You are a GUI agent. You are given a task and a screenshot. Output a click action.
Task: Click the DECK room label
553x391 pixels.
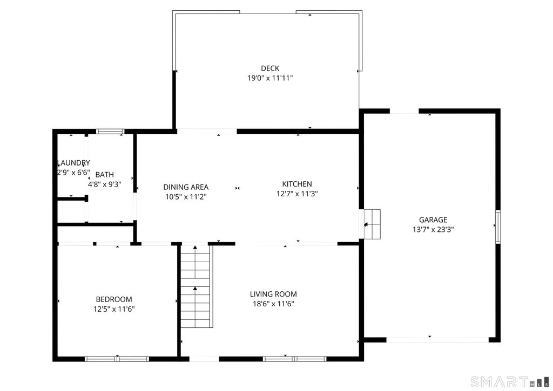pyautogui.click(x=270, y=68)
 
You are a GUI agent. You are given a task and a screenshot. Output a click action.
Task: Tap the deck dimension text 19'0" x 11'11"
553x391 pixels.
pyautogui.click(x=270, y=78)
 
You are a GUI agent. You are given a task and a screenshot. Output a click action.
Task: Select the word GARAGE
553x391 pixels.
pyautogui.click(x=433, y=220)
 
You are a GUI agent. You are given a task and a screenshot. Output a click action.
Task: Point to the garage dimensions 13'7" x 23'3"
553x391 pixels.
pyautogui.click(x=433, y=230)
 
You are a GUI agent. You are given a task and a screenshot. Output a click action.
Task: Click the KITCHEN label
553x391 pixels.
pyautogui.click(x=297, y=184)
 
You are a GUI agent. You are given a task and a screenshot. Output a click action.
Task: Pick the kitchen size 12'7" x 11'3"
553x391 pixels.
pyautogui.click(x=297, y=194)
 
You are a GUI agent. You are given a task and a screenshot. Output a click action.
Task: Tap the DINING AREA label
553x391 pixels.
pyautogui.click(x=186, y=187)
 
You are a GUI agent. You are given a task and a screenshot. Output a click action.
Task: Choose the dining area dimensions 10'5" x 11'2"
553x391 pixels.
pyautogui.click(x=186, y=197)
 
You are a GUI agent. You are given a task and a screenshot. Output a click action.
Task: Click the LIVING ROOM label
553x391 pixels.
pyautogui.click(x=273, y=294)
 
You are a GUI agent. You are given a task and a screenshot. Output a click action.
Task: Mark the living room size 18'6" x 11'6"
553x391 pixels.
pyautogui.click(x=273, y=304)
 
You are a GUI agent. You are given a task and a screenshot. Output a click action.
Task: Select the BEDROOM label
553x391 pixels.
pyautogui.click(x=114, y=299)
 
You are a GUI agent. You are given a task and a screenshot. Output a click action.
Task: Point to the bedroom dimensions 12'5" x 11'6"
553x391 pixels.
pyautogui.click(x=114, y=309)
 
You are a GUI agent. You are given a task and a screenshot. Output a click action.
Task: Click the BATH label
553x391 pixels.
pyautogui.click(x=105, y=174)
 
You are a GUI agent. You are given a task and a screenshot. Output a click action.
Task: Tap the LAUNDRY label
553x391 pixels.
pyautogui.click(x=73, y=163)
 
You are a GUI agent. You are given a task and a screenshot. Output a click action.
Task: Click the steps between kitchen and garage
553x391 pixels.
pyautogui.click(x=372, y=224)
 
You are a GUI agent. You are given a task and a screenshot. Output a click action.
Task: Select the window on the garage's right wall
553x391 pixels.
pyautogui.click(x=498, y=227)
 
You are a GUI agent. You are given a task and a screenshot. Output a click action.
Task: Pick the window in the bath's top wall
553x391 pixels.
pyautogui.click(x=110, y=132)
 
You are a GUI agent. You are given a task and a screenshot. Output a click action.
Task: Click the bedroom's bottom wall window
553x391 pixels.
pyautogui.click(x=117, y=359)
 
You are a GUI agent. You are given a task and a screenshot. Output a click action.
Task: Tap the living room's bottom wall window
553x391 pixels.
pyautogui.click(x=294, y=359)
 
